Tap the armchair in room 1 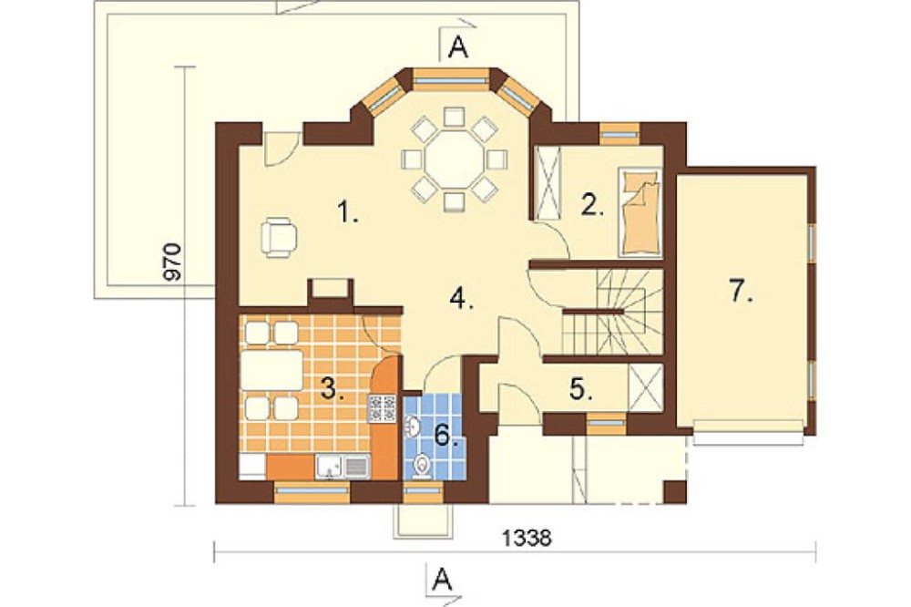click(x=279, y=237)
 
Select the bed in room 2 click(x=640, y=212)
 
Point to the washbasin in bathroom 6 click(x=413, y=427)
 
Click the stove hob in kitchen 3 click(x=383, y=407)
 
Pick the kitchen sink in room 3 click(x=343, y=467)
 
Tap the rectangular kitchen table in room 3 click(x=271, y=370)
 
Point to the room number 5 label click(x=581, y=389)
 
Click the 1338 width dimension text click(x=527, y=538)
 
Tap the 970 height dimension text click(x=173, y=262)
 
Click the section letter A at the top click(x=459, y=48)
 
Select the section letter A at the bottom click(x=442, y=579)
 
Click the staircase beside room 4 click(x=612, y=312)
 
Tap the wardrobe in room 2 click(x=548, y=182)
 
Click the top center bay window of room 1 click(x=451, y=81)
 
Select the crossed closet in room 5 click(x=646, y=388)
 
